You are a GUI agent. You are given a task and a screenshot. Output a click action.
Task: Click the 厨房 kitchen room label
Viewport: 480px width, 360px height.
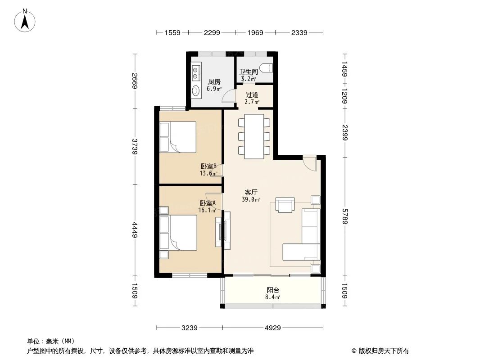(x=214, y=82)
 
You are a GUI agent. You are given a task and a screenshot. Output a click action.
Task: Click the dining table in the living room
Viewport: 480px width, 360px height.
(x=254, y=136)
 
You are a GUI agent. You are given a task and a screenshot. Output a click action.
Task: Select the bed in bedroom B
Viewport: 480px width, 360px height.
(x=178, y=136)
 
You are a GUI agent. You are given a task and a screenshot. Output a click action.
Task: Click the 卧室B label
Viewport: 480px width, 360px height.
(x=208, y=166)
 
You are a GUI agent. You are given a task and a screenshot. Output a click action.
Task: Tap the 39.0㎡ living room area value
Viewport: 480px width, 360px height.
(x=251, y=199)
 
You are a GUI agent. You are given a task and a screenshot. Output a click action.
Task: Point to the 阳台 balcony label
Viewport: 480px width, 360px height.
(x=272, y=290)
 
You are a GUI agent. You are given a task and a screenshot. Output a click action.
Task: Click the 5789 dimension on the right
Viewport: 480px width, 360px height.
(x=344, y=216)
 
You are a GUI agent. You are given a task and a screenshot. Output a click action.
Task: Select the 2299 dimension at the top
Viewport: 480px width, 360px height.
(x=212, y=32)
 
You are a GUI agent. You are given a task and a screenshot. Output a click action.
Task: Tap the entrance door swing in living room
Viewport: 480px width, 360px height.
(x=309, y=163)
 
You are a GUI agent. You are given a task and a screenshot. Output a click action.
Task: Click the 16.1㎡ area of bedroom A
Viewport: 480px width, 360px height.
(x=207, y=210)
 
